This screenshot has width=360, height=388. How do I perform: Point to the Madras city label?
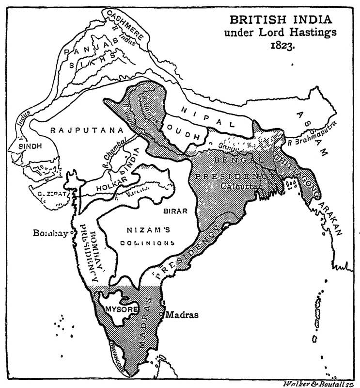pos(182,314)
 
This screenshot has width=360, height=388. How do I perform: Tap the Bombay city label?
pos(50,232)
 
